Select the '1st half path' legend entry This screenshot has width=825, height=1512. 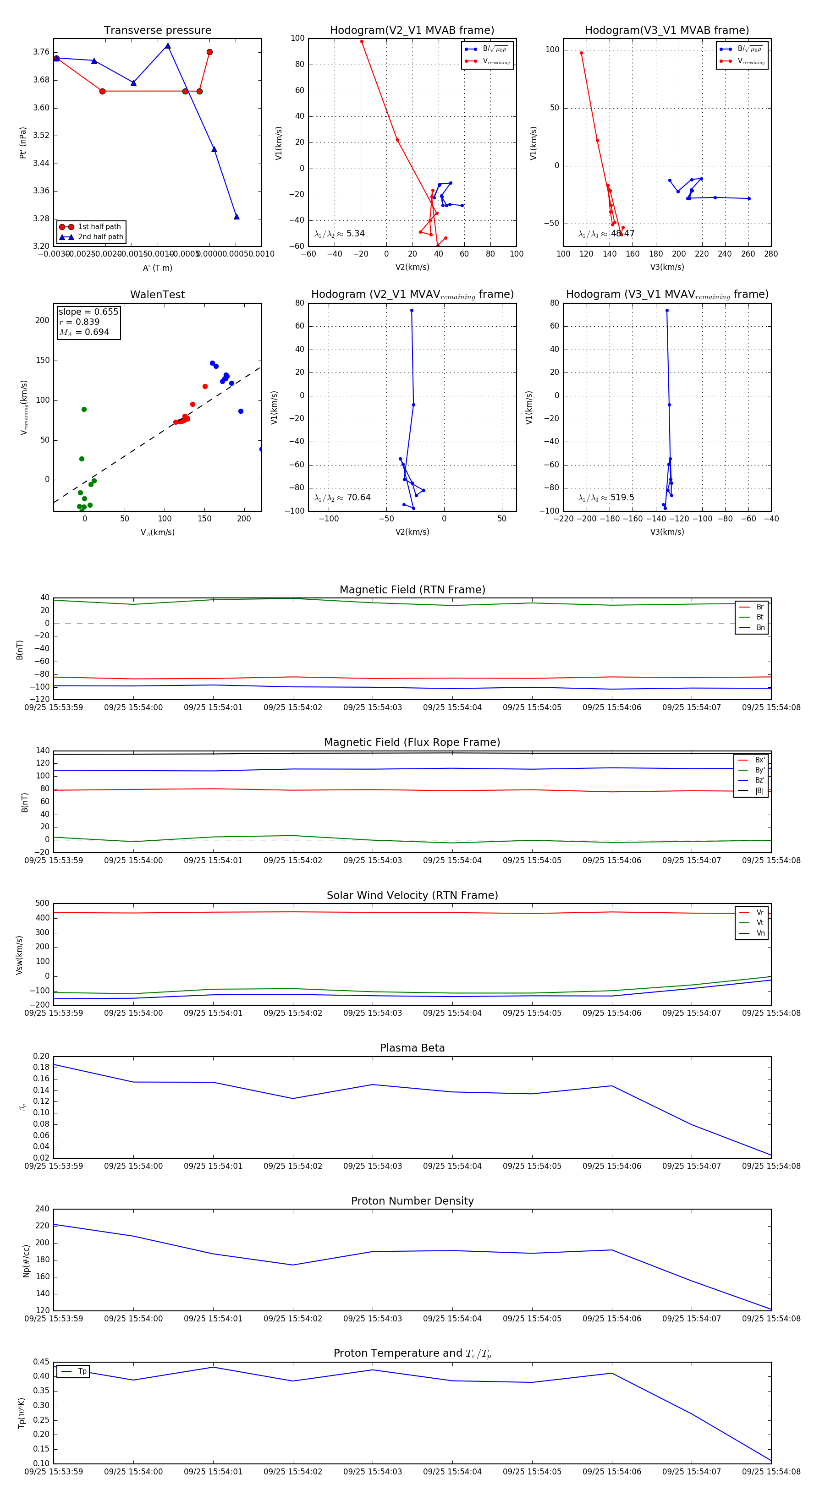[x=99, y=226]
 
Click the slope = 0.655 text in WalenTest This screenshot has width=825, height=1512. [x=88, y=312]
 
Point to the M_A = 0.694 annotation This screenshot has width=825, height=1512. [x=84, y=332]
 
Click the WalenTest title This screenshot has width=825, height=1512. [x=157, y=295]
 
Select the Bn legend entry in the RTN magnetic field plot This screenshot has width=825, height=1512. [x=760, y=627]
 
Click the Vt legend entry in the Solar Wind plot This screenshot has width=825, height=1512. [x=760, y=923]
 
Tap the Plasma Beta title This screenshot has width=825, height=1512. [x=412, y=1048]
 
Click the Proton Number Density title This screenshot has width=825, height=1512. [x=412, y=1200]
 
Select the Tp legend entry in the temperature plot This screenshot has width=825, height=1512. [x=82, y=1371]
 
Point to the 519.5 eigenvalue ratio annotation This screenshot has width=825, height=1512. [x=622, y=498]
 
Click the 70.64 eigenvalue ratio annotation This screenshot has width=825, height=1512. [x=358, y=498]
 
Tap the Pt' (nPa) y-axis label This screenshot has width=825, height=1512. [x=23, y=142]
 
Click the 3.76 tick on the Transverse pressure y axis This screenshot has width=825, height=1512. [x=41, y=52]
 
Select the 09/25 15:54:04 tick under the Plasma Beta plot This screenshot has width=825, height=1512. [x=452, y=1166]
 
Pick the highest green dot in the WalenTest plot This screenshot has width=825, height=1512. [x=84, y=409]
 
